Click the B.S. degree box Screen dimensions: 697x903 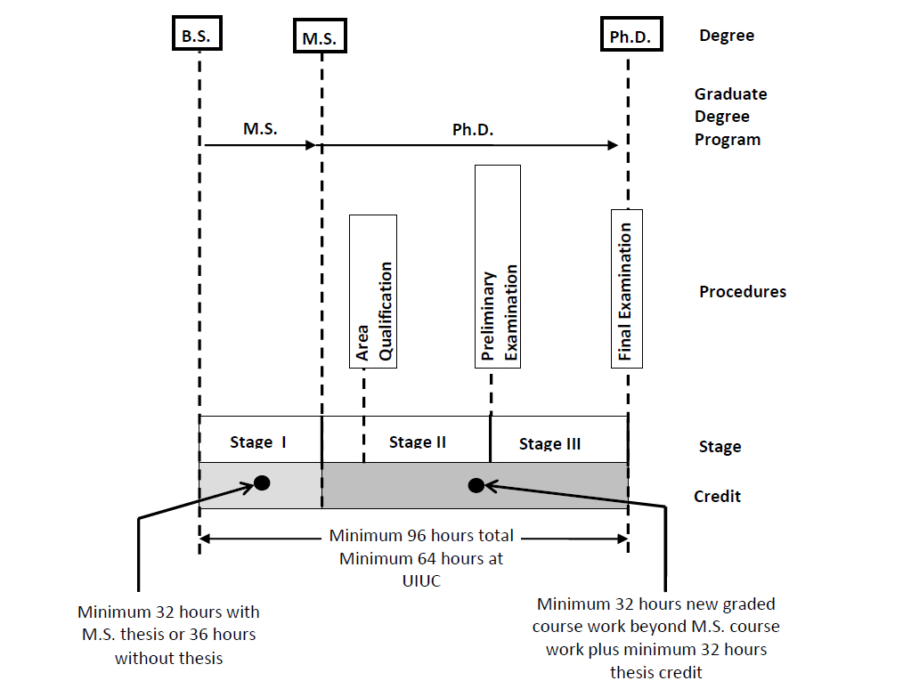(196, 36)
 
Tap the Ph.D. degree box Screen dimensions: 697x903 (630, 36)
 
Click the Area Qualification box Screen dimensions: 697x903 (373, 291)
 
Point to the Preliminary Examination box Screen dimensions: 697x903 (498, 265)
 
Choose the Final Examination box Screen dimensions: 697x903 (626, 288)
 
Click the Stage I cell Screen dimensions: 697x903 (259, 440)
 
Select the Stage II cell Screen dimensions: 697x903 (417, 441)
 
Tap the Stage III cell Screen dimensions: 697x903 (549, 442)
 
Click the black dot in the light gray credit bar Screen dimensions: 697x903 (262, 482)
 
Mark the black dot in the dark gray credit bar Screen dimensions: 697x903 (476, 485)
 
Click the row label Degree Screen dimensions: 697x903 (727, 36)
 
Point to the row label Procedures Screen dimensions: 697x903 (743, 292)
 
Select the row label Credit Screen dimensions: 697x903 (717, 496)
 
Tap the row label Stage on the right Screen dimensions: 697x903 (720, 447)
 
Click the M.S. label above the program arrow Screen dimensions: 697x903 (260, 128)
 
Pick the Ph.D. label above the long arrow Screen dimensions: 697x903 (472, 130)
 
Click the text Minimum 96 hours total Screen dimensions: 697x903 (421, 536)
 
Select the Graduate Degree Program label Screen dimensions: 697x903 (730, 117)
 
